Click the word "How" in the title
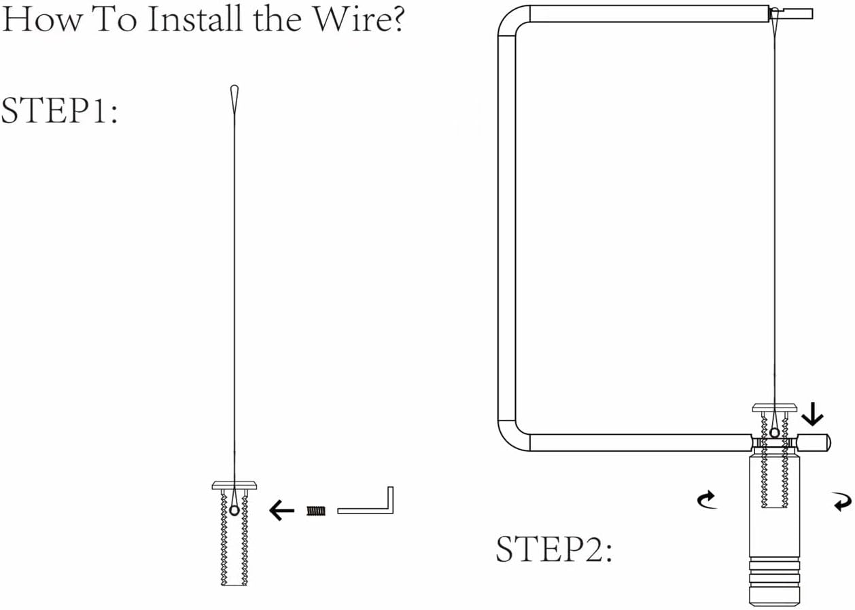[41, 19]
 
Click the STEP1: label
[59, 110]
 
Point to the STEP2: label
[554, 549]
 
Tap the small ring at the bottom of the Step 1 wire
[234, 510]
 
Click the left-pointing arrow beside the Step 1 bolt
[281, 510]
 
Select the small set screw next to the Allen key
[316, 511]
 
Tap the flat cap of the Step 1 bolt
[234, 485]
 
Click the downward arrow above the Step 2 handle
[812, 414]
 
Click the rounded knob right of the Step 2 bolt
[814, 442]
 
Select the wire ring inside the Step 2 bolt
[775, 433]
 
